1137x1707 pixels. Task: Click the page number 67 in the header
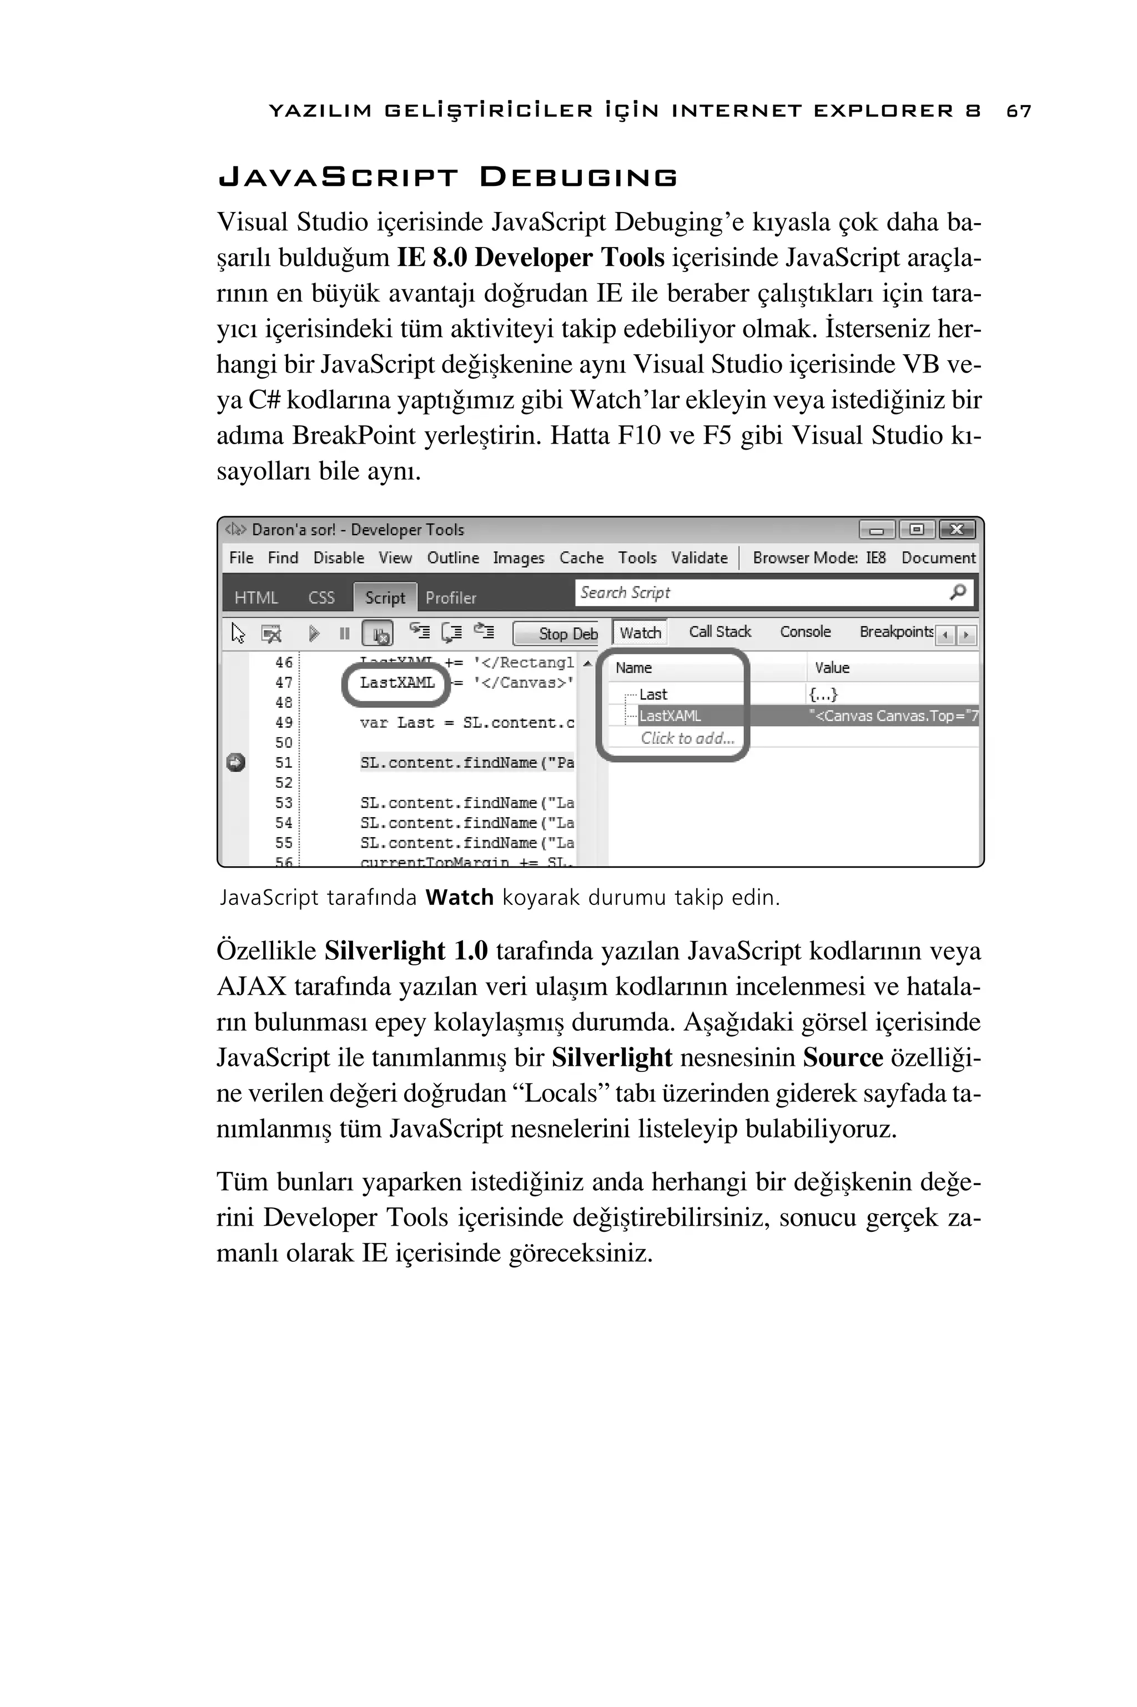click(1019, 111)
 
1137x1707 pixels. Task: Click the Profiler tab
click(450, 598)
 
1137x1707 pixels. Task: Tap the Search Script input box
click(761, 593)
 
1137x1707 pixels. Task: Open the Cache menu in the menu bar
click(581, 557)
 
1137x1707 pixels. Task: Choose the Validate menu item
click(699, 557)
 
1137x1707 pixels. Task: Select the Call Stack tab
click(720, 631)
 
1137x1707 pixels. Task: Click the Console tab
click(805, 631)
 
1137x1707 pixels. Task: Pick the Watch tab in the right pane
click(640, 632)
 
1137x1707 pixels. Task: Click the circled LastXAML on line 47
click(396, 683)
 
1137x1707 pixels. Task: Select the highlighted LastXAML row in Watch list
click(670, 716)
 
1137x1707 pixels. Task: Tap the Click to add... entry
click(687, 738)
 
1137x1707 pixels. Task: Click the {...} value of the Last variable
click(823, 694)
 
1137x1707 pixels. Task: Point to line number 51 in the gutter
click(284, 763)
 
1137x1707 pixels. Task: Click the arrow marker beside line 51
click(235, 763)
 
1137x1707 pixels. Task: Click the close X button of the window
click(957, 530)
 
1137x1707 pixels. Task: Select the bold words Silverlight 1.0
click(406, 951)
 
